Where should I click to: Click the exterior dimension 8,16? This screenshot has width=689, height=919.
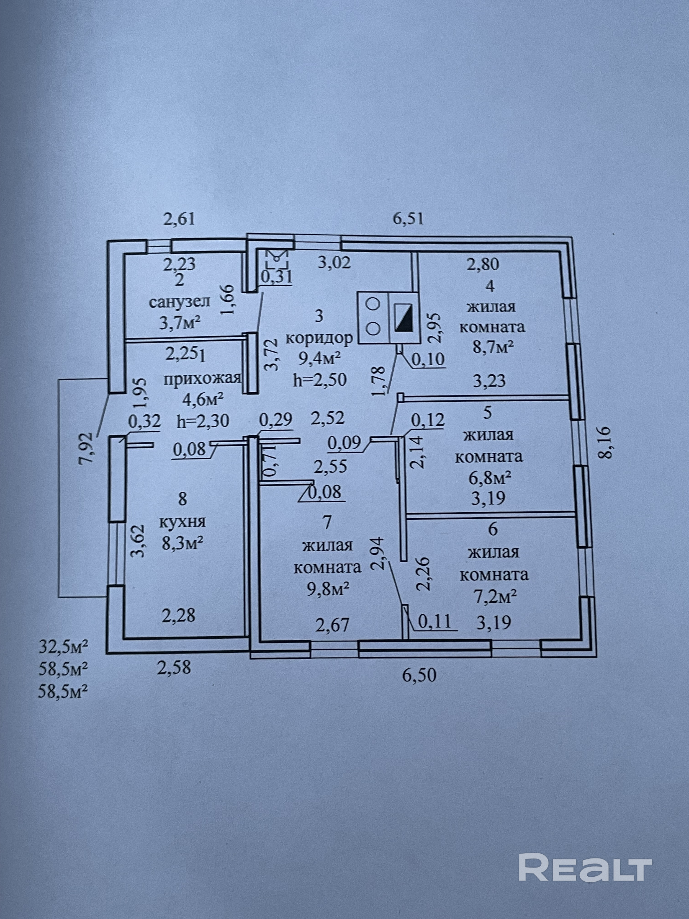606,442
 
